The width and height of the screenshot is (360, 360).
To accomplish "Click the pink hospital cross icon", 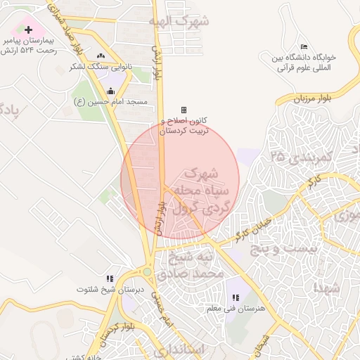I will tap(28, 30).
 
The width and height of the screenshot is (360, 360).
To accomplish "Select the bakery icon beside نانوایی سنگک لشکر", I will tap(101, 56).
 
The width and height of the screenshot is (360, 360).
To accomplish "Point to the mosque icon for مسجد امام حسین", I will tap(111, 90).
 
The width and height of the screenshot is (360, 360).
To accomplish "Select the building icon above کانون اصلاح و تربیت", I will tap(184, 110).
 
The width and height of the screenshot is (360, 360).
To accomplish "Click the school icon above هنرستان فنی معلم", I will tap(235, 298).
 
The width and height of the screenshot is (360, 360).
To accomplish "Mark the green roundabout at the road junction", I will tap(147, 271).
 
